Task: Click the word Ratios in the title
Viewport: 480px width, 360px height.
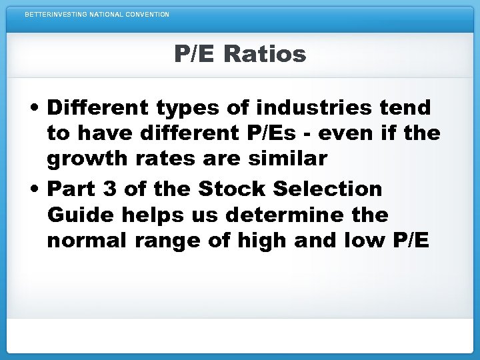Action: [265, 54]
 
